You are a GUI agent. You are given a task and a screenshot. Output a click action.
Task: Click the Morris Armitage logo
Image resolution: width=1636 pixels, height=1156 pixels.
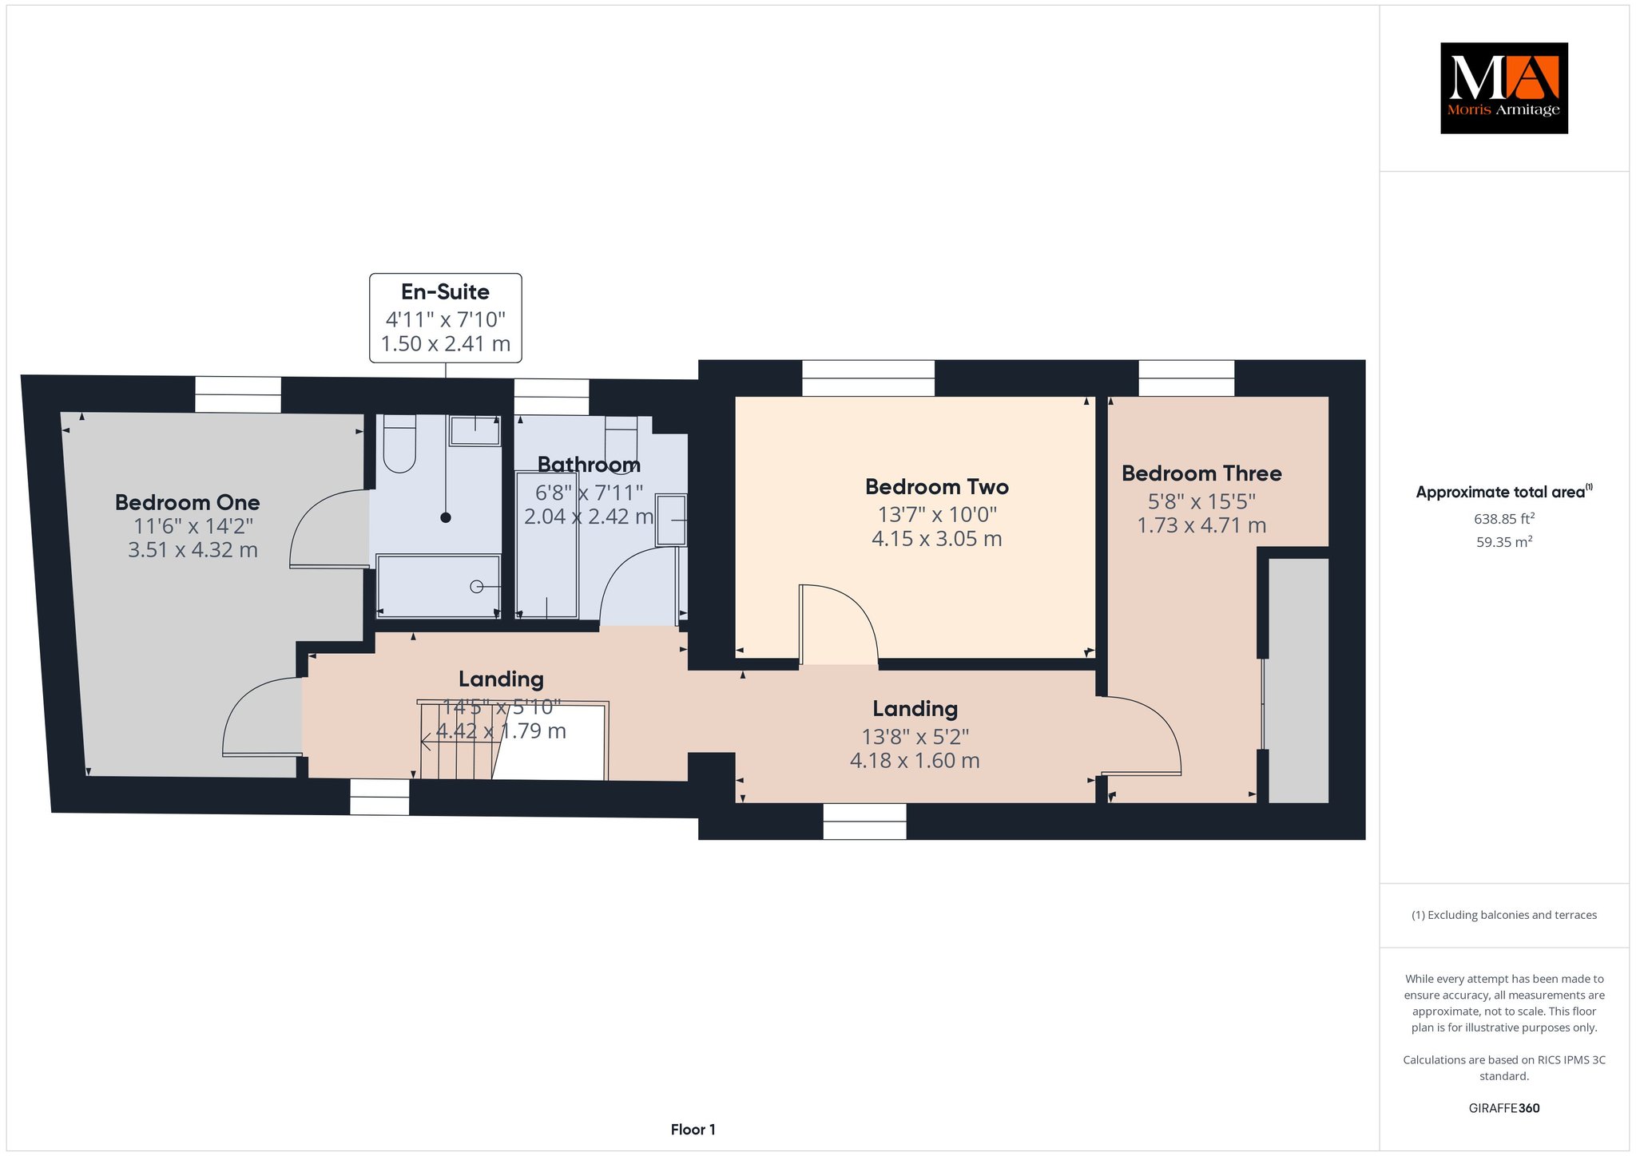click(1504, 88)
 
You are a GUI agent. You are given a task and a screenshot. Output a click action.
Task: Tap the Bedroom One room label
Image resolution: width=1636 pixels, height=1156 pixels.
click(187, 502)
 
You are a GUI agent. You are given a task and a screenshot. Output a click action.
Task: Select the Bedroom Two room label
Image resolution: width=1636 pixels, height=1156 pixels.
click(936, 486)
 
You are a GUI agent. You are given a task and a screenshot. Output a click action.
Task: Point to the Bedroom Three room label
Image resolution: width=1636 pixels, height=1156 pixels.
click(1201, 473)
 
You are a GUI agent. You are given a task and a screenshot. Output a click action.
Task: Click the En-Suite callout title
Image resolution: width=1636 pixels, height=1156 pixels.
click(445, 292)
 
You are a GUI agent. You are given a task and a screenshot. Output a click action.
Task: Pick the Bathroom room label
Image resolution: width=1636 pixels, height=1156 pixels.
click(589, 465)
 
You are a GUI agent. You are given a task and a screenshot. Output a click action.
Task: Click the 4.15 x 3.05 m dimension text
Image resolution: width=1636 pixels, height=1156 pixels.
click(936, 539)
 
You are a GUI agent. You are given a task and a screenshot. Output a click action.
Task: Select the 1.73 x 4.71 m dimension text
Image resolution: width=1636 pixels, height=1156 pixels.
click(1201, 525)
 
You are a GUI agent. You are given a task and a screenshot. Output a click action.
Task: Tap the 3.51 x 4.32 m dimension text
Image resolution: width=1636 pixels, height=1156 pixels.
click(193, 550)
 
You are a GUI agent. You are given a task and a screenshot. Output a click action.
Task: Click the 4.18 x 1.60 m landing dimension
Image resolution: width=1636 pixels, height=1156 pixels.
click(915, 761)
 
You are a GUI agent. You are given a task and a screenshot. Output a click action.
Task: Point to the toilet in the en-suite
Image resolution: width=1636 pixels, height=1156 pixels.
click(399, 443)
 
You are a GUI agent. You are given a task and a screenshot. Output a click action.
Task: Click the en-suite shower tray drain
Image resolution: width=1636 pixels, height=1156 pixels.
click(477, 587)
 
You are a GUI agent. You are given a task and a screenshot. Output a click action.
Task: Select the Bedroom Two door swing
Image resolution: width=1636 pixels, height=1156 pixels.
click(840, 624)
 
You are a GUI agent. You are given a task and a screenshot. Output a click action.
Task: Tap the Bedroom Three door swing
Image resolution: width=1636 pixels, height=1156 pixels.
click(1142, 734)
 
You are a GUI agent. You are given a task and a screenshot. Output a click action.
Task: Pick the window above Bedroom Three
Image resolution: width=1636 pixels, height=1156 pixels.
click(1186, 378)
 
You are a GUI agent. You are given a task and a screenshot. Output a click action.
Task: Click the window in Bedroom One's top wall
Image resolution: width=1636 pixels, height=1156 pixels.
click(238, 394)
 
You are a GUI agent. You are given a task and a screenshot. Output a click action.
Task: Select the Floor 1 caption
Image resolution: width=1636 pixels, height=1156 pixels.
click(693, 1130)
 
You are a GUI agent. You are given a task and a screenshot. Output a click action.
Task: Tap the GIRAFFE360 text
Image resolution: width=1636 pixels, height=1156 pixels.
click(1504, 1108)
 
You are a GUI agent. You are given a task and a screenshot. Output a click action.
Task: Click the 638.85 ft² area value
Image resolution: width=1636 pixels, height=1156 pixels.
click(1504, 518)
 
